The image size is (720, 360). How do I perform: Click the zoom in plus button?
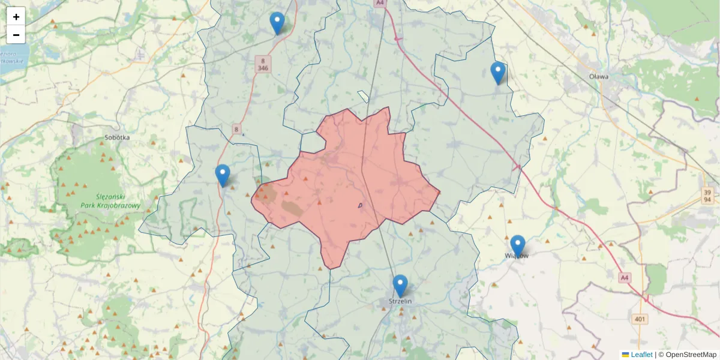coord(16,17)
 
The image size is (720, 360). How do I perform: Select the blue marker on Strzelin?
coord(400,286)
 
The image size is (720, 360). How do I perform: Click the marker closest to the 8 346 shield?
coord(277,23)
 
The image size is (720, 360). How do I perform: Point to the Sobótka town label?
coord(117,137)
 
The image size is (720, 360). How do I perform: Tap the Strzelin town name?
coord(400,301)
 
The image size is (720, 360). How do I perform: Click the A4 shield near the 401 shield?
coord(625,278)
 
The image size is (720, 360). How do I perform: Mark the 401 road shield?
coord(640,319)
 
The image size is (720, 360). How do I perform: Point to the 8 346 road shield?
coord(263,64)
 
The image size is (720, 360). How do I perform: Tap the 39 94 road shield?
coord(708,195)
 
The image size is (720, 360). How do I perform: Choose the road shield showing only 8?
coord(236,129)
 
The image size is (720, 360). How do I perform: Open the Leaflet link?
coord(641,355)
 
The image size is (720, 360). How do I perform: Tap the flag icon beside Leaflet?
coord(625,355)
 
